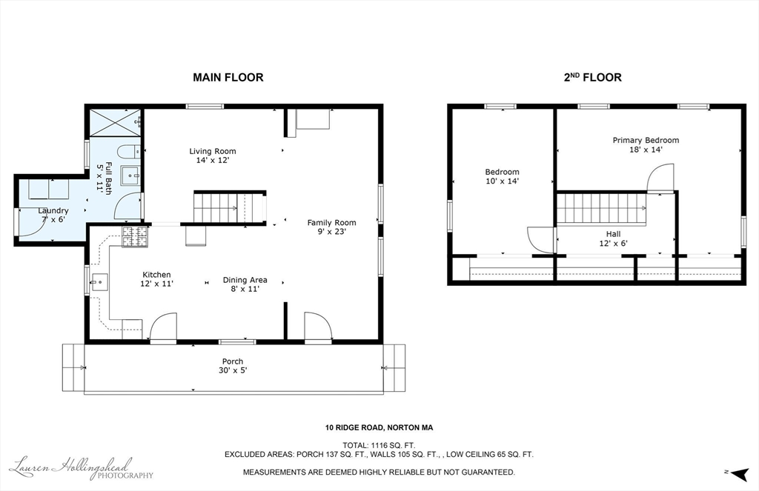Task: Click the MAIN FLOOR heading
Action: click(228, 77)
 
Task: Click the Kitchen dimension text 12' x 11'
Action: click(156, 284)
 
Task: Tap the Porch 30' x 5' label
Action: click(232, 366)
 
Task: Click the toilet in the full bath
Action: click(127, 152)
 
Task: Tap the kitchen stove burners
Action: click(134, 236)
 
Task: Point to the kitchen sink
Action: click(99, 281)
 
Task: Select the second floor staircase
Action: click(601, 208)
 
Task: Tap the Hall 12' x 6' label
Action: click(613, 238)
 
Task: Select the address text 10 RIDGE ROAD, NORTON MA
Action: click(379, 427)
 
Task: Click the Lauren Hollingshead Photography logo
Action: click(82, 468)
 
